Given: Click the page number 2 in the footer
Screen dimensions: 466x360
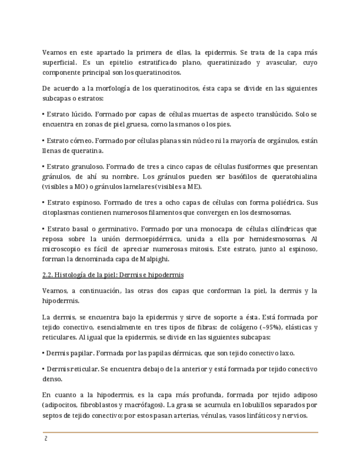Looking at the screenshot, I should (x=46, y=439).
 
